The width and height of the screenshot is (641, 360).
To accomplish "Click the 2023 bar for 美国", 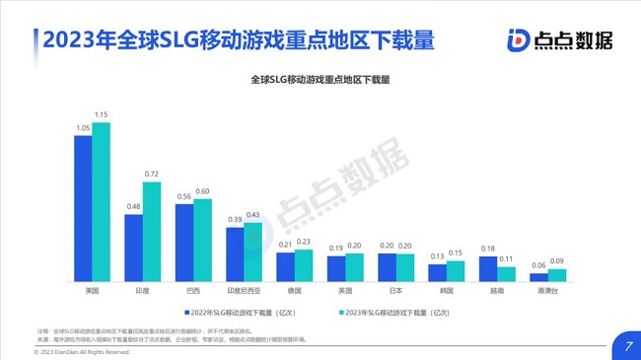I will click(102, 202).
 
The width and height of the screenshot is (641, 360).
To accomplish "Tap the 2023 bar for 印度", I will click(152, 232).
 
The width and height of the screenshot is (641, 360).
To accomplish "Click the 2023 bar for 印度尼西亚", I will click(253, 252).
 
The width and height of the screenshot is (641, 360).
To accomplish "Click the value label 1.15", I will click(102, 115).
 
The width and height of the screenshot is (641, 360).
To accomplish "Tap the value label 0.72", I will click(152, 175).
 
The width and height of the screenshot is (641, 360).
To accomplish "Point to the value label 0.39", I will click(235, 220).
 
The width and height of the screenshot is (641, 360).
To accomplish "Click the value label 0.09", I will click(558, 261).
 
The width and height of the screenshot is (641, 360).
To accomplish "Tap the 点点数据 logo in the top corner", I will click(558, 39).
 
